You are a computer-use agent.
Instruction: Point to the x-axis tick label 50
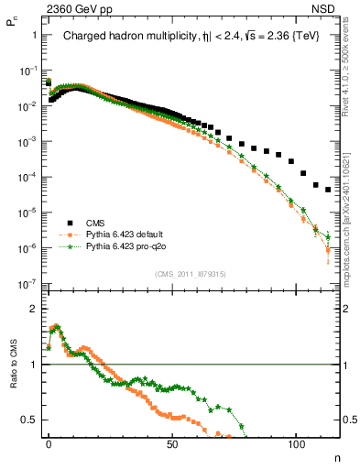(172, 441)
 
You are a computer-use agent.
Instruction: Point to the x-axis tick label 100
(296, 441)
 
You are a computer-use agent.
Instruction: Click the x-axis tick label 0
(49, 441)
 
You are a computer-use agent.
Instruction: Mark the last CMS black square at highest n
(328, 190)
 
